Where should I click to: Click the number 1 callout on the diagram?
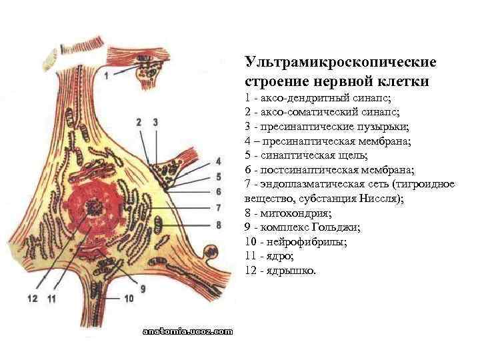point(107,75)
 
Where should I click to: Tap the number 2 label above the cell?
point(139,122)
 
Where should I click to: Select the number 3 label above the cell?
point(155,122)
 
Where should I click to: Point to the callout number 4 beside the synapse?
point(218,161)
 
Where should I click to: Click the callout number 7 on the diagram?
point(218,207)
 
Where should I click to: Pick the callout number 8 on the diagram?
point(218,225)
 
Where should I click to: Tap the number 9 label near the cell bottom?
point(143,288)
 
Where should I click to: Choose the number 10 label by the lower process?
point(129,299)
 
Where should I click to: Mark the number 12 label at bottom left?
point(33,299)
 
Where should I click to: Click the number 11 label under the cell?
point(51,299)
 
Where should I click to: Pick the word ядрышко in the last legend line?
point(291,271)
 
